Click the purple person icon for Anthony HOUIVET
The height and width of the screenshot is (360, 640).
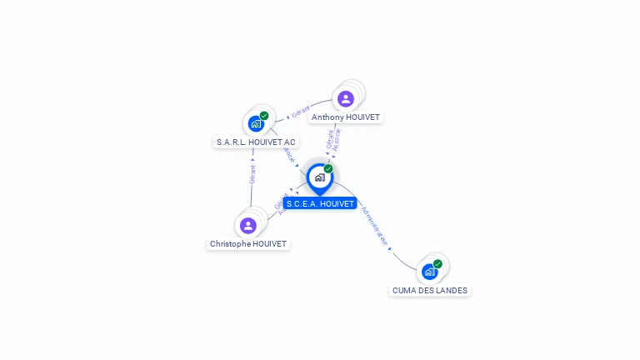346,99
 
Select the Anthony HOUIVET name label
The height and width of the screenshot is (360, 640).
346,117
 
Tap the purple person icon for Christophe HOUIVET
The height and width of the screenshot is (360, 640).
247,225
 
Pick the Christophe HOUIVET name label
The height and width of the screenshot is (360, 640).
248,244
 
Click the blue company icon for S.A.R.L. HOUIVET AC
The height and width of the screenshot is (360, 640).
256,124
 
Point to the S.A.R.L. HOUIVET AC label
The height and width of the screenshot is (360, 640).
256,142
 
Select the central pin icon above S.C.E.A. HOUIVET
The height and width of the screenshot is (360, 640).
319,177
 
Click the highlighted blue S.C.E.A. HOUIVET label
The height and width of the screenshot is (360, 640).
320,203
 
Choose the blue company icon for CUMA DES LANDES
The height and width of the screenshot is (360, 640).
429,272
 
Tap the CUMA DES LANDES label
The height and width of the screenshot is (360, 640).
430,291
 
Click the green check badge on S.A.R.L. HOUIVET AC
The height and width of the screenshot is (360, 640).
264,116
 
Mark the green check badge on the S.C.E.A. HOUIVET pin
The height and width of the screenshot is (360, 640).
328,168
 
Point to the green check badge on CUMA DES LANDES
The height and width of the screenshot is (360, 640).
437,264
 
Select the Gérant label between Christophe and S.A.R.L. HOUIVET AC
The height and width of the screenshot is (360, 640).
252,173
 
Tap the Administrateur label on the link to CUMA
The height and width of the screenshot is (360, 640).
374,225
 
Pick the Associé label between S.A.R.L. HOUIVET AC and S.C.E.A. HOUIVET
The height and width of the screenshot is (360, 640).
288,155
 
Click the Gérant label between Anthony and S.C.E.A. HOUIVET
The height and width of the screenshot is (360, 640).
330,139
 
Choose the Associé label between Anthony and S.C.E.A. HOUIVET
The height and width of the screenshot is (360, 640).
337,140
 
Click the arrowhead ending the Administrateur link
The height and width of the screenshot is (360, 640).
389,247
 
